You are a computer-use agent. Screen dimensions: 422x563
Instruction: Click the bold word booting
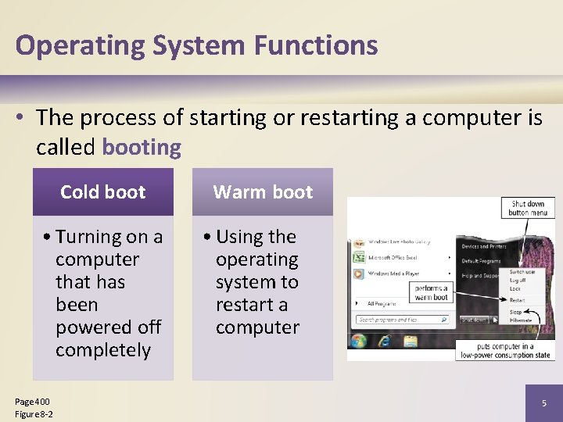point(142,147)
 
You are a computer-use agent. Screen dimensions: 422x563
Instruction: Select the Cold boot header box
point(102,192)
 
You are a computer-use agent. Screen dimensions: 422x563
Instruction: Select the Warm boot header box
point(262,192)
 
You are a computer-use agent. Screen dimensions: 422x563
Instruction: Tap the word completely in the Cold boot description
point(103,349)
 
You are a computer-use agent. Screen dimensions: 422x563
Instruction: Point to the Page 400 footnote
point(32,402)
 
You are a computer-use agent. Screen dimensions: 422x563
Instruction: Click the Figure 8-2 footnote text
point(34,413)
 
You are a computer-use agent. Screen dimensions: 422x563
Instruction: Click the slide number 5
point(544,403)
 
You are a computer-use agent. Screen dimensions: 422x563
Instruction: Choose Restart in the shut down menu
point(518,300)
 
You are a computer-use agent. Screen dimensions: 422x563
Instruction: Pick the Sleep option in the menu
point(515,311)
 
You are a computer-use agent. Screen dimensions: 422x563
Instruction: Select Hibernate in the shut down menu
point(521,320)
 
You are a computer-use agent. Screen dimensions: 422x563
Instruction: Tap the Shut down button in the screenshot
point(473,320)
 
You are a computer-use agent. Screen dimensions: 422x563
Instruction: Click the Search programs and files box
point(402,320)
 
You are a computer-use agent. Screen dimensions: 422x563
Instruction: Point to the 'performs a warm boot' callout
point(431,292)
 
